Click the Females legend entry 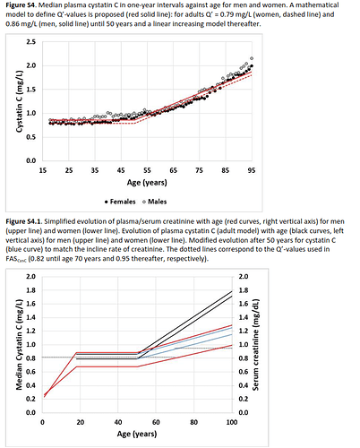pyautogui.click(x=120, y=202)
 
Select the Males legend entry pyautogui.click(x=154, y=202)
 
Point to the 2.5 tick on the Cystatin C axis pyautogui.click(x=31, y=42)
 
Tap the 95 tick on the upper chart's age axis pyautogui.click(x=252, y=170)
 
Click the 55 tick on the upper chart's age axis pyautogui.click(x=147, y=170)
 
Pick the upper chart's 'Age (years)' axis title pyautogui.click(x=147, y=183)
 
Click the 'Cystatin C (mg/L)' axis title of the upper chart pyautogui.click(x=19, y=101)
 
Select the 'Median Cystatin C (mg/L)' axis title pyautogui.click(x=19, y=344)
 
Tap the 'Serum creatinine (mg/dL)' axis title pyautogui.click(x=255, y=344)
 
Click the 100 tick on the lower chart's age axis pyautogui.click(x=232, y=422)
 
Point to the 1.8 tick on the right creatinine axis pyautogui.click(x=244, y=290)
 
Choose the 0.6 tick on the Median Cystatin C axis pyautogui.click(x=30, y=372)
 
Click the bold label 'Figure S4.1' pyautogui.click(x=24, y=221)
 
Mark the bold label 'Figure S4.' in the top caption pyautogui.click(x=21, y=5)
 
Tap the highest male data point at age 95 pyautogui.click(x=252, y=58)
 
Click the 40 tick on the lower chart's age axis pyautogui.click(x=118, y=422)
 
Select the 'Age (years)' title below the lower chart pyautogui.click(x=137, y=434)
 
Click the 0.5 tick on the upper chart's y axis pyautogui.click(x=31, y=137)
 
